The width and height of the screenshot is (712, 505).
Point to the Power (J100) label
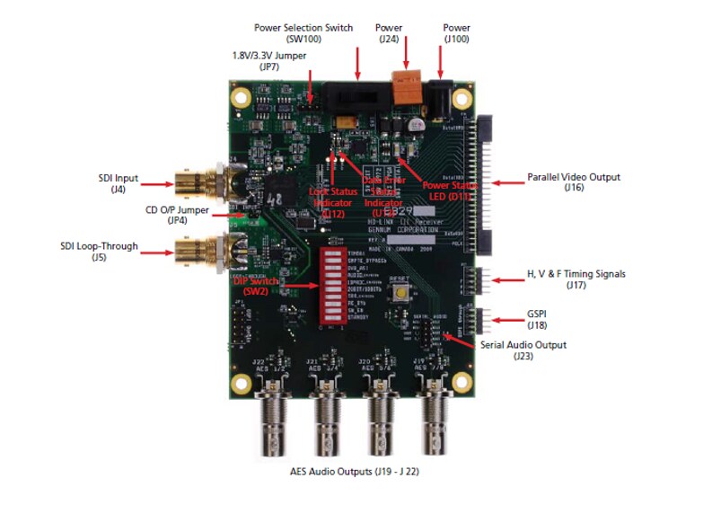456,33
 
